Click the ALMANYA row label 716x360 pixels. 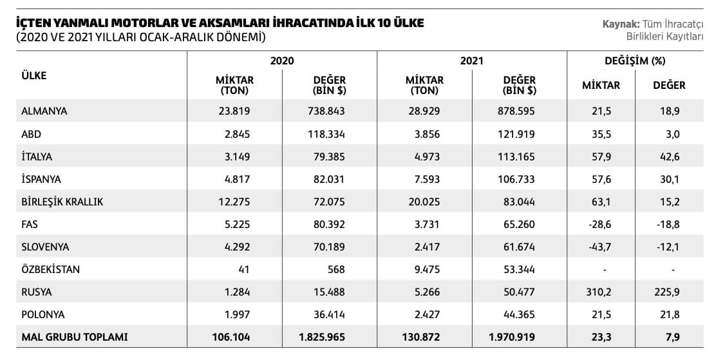coord(44,111)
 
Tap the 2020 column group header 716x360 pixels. coord(282,61)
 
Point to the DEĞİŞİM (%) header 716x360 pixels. coord(634,61)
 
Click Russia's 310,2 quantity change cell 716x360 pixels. coord(601,292)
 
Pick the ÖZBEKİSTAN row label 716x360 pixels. coord(51,269)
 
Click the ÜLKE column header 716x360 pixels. coord(34,75)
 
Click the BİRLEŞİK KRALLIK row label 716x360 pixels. coord(62,202)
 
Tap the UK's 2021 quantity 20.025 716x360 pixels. coord(424,202)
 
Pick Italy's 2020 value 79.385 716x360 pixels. coord(329,156)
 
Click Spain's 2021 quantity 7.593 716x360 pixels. coord(424,178)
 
